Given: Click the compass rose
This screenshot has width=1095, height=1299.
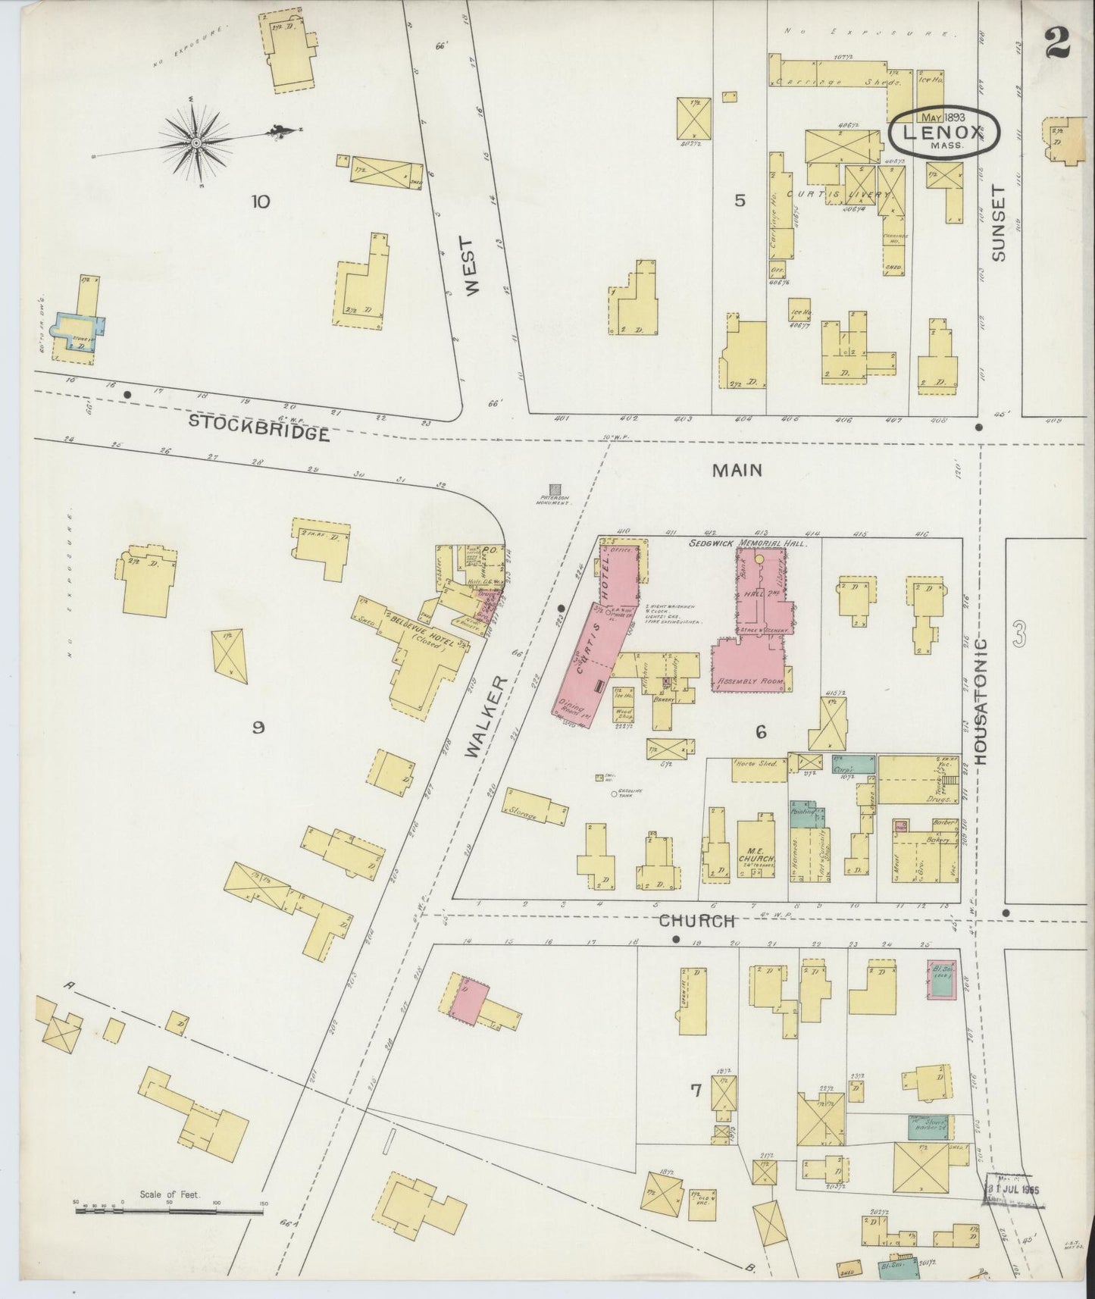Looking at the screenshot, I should click(x=196, y=142).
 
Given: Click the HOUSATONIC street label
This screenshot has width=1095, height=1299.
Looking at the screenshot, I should click(x=981, y=700).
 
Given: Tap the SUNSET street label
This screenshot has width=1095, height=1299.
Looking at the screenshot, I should click(x=998, y=224).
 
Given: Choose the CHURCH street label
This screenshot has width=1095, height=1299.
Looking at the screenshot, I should click(x=696, y=921).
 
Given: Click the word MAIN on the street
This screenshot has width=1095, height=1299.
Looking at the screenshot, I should click(x=737, y=471).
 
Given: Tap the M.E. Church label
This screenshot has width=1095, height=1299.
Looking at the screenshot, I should click(x=754, y=854).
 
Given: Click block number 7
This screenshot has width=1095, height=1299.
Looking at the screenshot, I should click(x=695, y=1090).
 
